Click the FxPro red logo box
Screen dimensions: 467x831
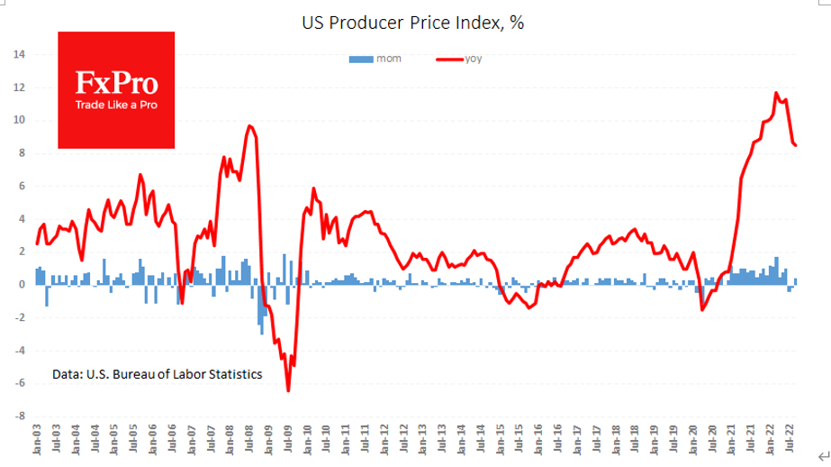[116, 90]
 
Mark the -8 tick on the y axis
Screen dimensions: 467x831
[19, 417]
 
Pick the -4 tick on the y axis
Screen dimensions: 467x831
[19, 351]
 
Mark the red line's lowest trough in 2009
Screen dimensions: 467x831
[288, 390]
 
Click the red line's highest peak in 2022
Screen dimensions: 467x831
[776, 93]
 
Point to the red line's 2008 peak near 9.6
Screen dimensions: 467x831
[248, 126]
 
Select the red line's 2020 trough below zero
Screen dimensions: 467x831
[702, 310]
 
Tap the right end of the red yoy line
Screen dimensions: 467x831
[795, 144]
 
